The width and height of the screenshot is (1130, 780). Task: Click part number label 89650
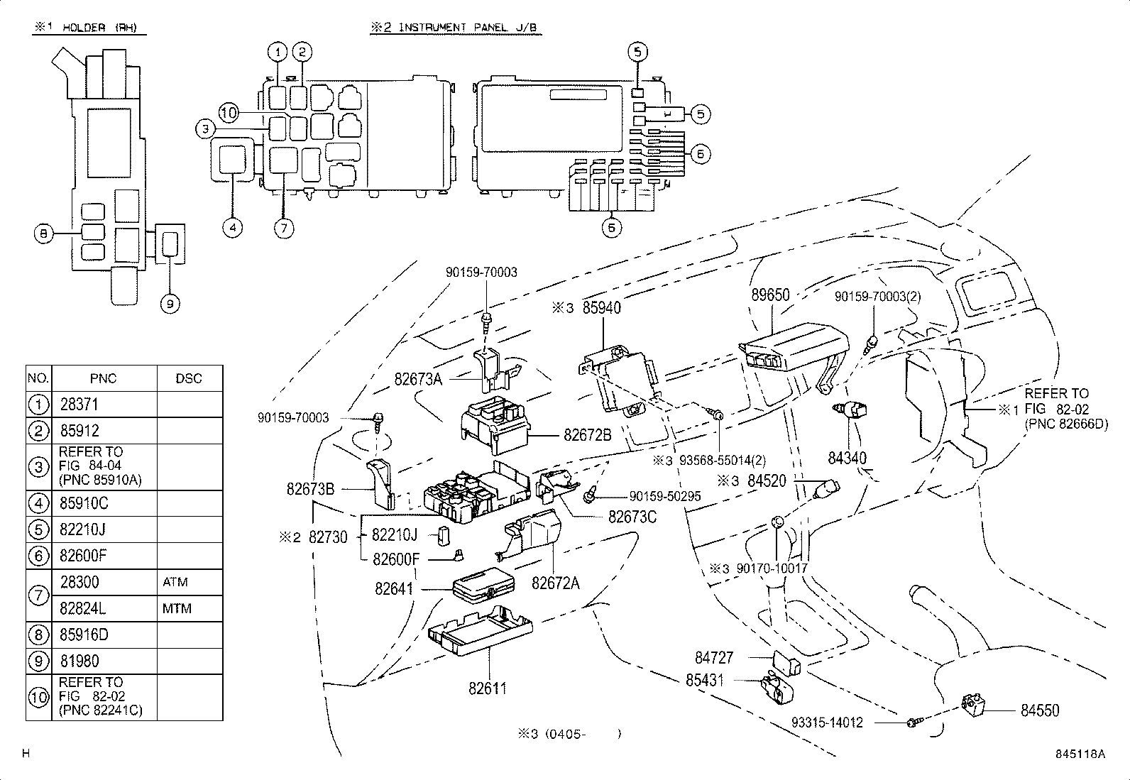[x=769, y=295]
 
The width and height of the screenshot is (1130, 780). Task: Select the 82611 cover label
[x=488, y=688]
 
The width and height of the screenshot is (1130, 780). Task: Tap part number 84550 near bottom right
[x=1040, y=710]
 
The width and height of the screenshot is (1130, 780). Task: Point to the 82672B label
[x=587, y=434]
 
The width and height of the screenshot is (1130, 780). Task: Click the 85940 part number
[x=601, y=308]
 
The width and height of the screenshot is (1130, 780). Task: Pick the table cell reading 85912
[x=79, y=431]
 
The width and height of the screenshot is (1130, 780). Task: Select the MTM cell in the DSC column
[x=177, y=608]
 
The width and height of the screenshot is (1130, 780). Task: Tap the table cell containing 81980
[x=79, y=661]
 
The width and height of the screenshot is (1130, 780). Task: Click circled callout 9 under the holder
[x=170, y=304]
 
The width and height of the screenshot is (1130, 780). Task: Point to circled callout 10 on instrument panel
[x=228, y=112]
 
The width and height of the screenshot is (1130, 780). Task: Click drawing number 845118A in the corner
[x=1080, y=754]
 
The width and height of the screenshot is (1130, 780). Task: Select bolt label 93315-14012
[x=828, y=723]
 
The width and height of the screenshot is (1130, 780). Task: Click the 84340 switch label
[x=847, y=458]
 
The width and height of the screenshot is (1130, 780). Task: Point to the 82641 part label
[x=394, y=588]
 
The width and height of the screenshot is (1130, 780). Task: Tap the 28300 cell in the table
[x=79, y=582]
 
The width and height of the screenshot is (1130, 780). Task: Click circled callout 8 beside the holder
[x=43, y=233]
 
